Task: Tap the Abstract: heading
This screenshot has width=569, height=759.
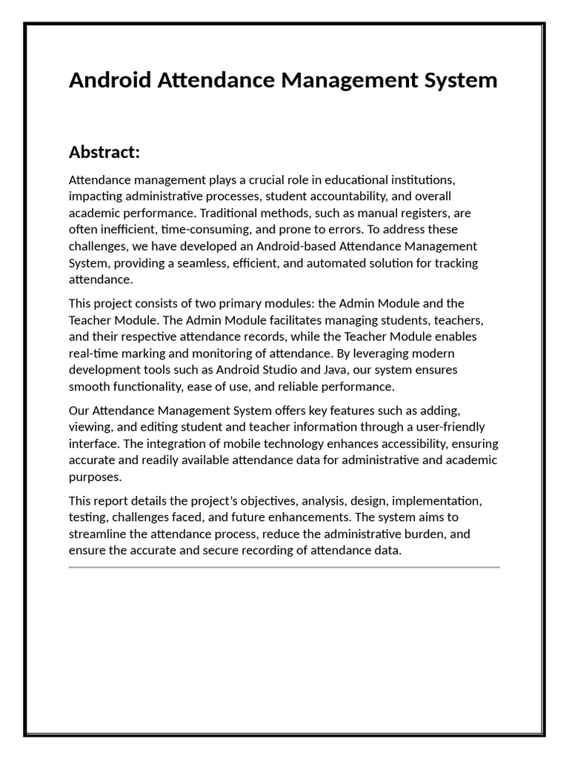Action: (104, 152)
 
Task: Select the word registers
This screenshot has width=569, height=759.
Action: (425, 213)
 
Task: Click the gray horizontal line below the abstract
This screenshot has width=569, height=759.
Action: (284, 567)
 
